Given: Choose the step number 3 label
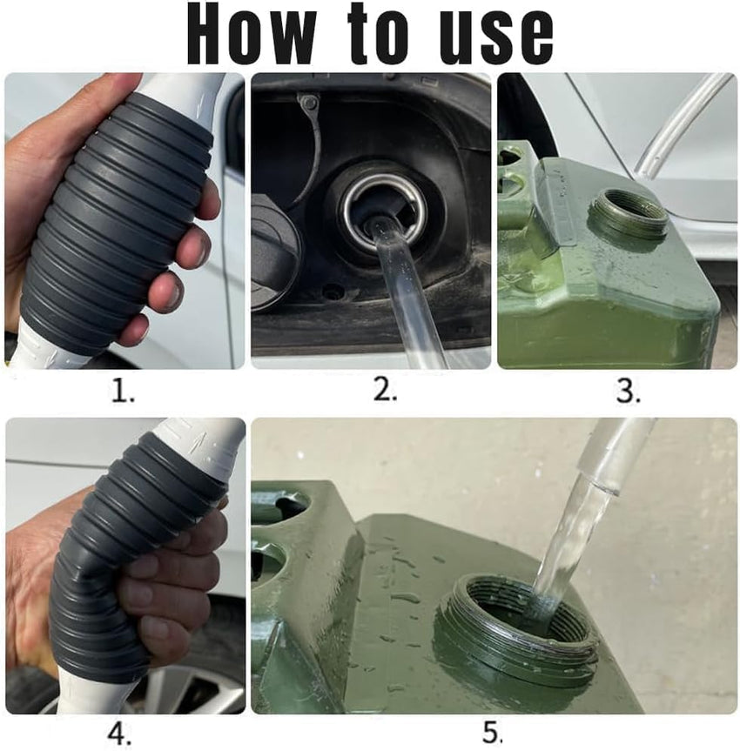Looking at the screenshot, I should coord(628,392).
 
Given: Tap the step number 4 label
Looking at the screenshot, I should coord(119,734).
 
